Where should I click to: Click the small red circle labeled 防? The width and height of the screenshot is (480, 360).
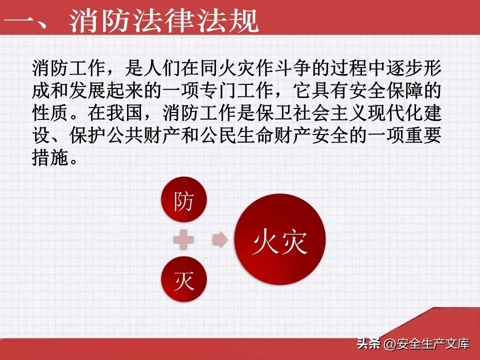coord(184,200)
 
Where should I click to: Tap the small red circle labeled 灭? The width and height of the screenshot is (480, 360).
coord(184,279)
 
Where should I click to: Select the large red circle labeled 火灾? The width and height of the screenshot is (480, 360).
coord(280,239)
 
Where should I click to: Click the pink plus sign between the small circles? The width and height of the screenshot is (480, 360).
coord(183,239)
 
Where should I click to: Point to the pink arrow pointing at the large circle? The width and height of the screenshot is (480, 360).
coord(220,239)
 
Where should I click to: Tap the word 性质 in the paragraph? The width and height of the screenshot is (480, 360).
coord(50,113)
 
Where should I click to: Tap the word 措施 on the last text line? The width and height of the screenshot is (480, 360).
coord(50,158)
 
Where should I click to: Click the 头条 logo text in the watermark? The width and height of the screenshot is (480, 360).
coord(368,343)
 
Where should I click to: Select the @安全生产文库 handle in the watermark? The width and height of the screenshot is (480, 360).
coord(426,344)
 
